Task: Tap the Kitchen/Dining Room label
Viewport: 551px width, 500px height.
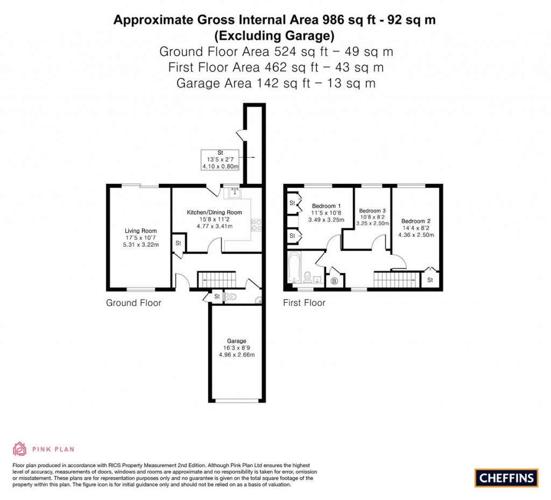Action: pos(214,212)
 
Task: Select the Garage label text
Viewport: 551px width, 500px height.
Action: pos(236,341)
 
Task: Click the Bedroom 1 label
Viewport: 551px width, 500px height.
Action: pos(326,206)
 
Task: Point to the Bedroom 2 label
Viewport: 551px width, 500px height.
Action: pos(415,221)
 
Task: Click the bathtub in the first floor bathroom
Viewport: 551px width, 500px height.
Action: pos(295,267)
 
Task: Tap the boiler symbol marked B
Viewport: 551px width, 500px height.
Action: pos(334,281)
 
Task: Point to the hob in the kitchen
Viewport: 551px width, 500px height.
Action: pos(255,225)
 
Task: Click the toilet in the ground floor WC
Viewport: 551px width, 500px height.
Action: pos(230,296)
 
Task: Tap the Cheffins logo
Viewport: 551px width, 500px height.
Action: pos(506,477)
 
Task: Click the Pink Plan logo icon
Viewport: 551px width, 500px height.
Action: pos(19,448)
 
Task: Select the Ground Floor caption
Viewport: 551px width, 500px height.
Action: pos(133,303)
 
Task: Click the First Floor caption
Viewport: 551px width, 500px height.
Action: pos(304,303)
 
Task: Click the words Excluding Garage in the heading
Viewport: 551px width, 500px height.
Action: pos(274,36)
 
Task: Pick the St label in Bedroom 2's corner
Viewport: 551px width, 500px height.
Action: pos(430,280)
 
